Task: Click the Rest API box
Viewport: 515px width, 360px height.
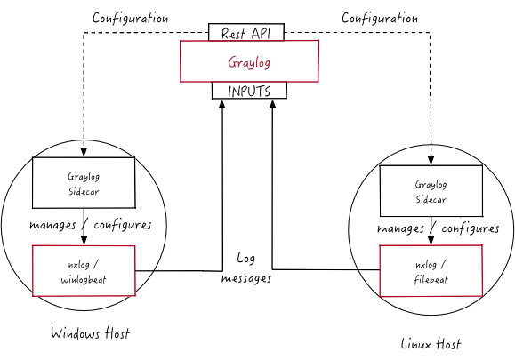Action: (x=246, y=32)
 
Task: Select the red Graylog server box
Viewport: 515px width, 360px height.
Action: (x=249, y=61)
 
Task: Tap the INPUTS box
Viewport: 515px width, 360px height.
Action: (x=249, y=91)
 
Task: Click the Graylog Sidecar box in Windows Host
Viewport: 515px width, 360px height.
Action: (x=84, y=183)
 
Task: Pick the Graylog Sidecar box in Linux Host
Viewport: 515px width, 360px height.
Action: (x=431, y=191)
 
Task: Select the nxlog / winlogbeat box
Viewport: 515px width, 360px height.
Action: (x=84, y=271)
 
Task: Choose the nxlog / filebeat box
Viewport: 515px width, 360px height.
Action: (x=431, y=271)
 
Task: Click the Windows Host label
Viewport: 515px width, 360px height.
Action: (x=91, y=332)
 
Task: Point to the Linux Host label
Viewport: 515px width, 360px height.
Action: (x=431, y=344)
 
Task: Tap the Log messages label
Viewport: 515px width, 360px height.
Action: (x=246, y=268)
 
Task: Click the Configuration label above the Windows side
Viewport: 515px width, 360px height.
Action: (x=131, y=18)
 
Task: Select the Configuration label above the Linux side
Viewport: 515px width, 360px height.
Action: (x=380, y=18)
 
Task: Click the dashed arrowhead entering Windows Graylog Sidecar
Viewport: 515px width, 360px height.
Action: (x=84, y=153)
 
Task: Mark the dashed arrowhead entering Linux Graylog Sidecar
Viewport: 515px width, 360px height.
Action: (x=431, y=161)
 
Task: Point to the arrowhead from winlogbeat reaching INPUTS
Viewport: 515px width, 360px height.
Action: (x=222, y=104)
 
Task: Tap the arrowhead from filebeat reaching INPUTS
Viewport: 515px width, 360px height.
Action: (x=272, y=104)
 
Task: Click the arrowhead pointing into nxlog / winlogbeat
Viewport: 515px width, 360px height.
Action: (x=84, y=241)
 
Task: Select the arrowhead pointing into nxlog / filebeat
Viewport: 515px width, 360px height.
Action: (x=431, y=240)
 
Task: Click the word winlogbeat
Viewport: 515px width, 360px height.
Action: (x=84, y=280)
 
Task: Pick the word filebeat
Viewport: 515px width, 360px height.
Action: (x=431, y=280)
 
